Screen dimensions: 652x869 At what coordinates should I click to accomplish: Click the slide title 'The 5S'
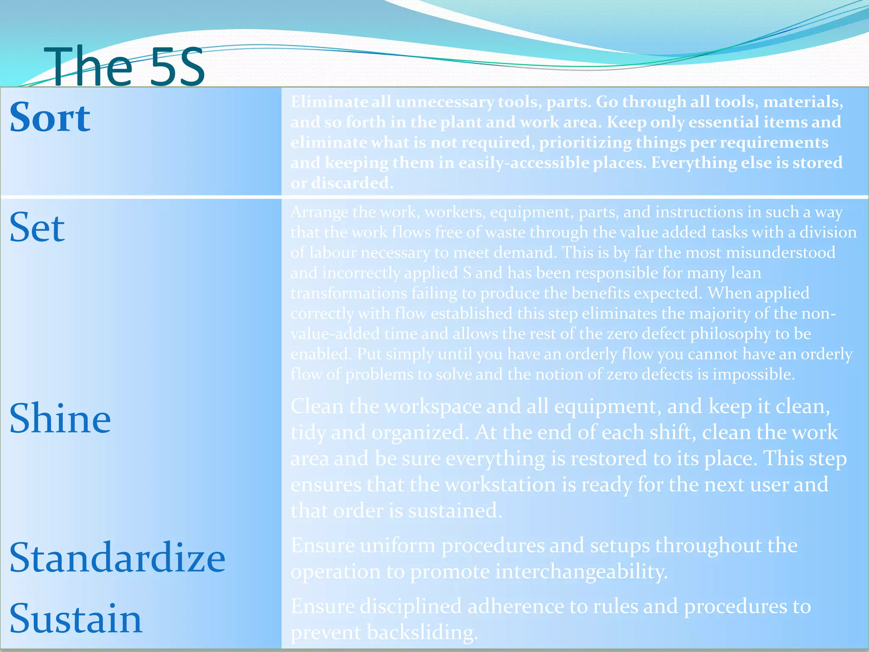point(124,67)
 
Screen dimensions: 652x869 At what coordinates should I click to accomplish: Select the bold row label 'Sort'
point(50,118)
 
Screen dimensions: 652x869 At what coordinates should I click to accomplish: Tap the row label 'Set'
point(37,228)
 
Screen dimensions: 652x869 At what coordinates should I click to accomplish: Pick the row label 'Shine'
point(60,419)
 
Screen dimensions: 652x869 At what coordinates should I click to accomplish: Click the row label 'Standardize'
point(117,558)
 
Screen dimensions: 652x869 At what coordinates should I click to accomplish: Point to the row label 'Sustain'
point(76,619)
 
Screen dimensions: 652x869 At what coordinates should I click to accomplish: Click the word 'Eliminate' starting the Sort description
point(329,102)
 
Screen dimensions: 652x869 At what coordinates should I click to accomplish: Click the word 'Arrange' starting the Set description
point(319,212)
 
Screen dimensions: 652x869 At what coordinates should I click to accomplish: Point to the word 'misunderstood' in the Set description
point(780,253)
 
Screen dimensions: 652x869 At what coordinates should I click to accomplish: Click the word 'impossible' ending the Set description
point(752,374)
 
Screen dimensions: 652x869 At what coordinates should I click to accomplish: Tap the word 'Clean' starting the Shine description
point(317,406)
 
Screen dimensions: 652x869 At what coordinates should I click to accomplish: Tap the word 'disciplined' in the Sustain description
point(410,606)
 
